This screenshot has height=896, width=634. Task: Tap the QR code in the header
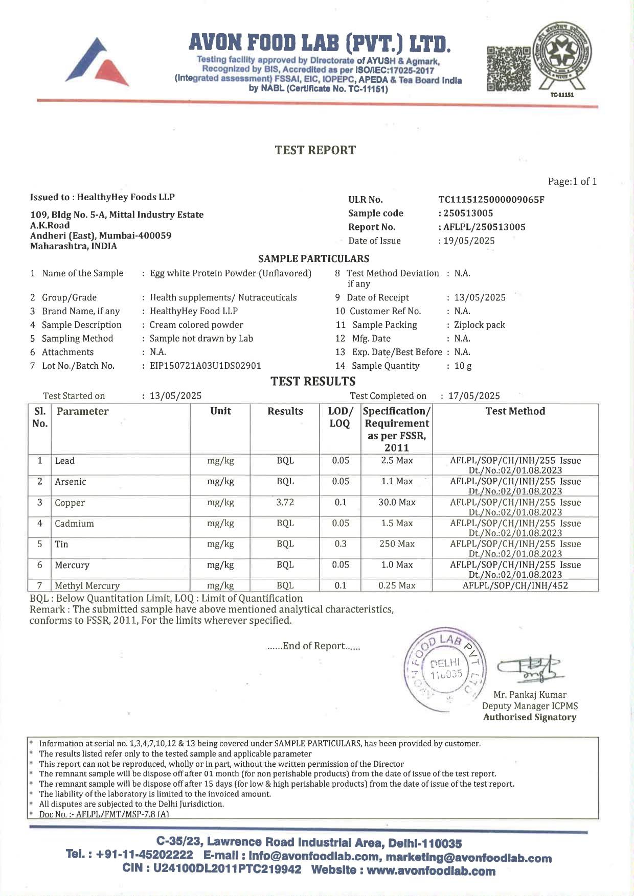pyautogui.click(x=508, y=69)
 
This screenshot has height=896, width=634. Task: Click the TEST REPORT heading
pyautogui.click(x=315, y=150)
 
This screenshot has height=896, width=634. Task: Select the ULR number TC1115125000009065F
pyautogui.click(x=491, y=200)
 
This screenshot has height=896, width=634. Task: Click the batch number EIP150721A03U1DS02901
pyautogui.click(x=205, y=366)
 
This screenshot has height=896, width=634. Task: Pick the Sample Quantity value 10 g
pyautogui.click(x=463, y=366)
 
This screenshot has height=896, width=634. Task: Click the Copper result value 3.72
pyautogui.click(x=285, y=503)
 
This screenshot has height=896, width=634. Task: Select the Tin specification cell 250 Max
pyautogui.click(x=397, y=544)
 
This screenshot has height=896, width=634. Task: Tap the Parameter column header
pyautogui.click(x=82, y=412)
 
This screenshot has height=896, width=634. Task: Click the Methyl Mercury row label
pyautogui.click(x=87, y=586)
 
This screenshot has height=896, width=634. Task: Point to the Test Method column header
pyautogui.click(x=515, y=412)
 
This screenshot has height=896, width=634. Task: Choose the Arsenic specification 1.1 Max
pyautogui.click(x=397, y=481)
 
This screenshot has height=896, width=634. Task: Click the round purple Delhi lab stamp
pyautogui.click(x=443, y=669)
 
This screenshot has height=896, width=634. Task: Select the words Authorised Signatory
pyautogui.click(x=529, y=717)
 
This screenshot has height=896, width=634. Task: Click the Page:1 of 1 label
pyautogui.click(x=572, y=181)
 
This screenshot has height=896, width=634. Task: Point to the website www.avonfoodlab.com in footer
pyautogui.click(x=431, y=870)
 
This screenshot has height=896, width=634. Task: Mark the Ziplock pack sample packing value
pyautogui.click(x=479, y=325)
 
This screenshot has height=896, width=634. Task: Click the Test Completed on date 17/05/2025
pyautogui.click(x=474, y=396)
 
